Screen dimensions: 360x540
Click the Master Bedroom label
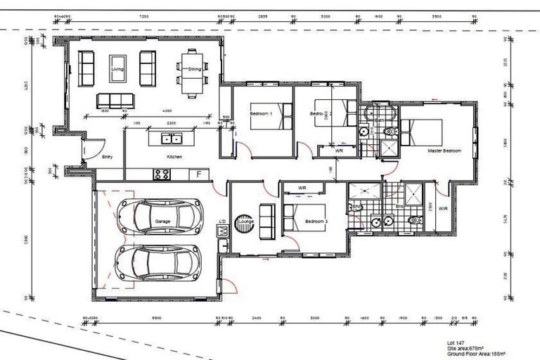444,150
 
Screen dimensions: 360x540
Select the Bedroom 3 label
316,221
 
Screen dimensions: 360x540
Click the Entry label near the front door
108,157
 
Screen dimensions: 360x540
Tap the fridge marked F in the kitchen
199,174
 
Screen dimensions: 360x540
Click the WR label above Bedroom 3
302,188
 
